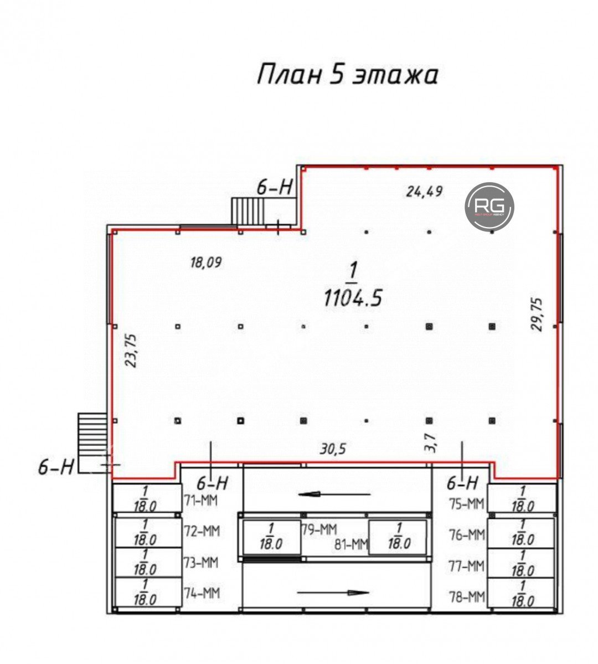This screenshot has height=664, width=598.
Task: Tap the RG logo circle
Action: [489, 206]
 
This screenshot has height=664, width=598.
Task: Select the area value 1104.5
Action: [353, 298]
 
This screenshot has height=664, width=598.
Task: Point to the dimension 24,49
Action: [424, 192]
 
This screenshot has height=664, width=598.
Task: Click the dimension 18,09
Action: [206, 262]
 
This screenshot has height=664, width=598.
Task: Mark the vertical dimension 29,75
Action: [537, 314]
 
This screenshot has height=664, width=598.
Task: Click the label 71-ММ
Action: [201, 501]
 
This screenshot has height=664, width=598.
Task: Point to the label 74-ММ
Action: [201, 593]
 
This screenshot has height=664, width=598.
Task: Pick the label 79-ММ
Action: [319, 530]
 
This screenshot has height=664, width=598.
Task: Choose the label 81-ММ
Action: [351, 545]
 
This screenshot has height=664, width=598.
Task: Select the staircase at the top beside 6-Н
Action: [248, 211]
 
